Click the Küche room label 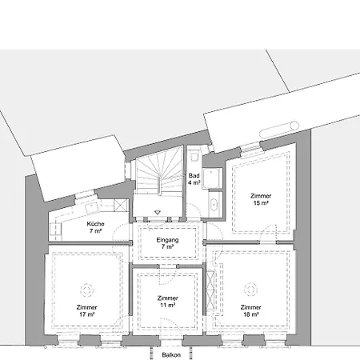click(x=95, y=224)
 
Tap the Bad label click(x=194, y=175)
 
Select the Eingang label click(x=168, y=239)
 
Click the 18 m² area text click(x=250, y=315)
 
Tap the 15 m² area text click(x=260, y=203)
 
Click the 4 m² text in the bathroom click(x=194, y=182)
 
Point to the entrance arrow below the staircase click(x=158, y=212)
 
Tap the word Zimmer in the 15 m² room click(x=260, y=196)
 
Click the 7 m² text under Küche click(x=95, y=231)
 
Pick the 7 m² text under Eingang click(x=168, y=246)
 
